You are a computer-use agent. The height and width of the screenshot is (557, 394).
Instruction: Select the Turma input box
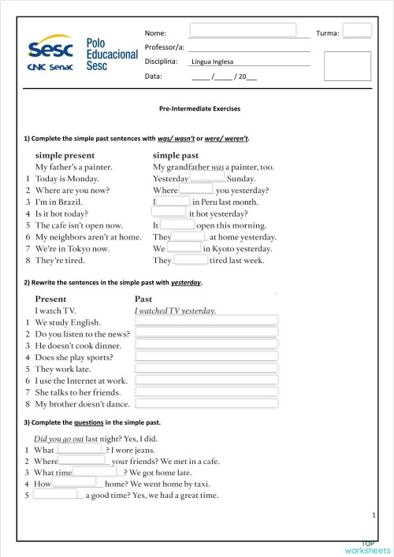(357, 32)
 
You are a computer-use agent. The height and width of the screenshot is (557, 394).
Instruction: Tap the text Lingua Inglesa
(213, 62)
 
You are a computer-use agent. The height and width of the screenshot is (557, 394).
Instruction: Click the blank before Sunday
(207, 178)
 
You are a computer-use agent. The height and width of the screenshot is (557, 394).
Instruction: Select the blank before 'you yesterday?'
(196, 190)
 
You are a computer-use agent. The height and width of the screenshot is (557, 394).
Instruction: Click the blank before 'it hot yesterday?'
(169, 213)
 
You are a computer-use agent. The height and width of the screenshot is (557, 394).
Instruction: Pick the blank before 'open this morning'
(177, 225)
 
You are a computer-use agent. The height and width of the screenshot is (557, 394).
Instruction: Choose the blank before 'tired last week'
(191, 260)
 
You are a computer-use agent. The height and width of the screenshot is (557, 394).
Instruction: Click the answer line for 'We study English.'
(207, 321)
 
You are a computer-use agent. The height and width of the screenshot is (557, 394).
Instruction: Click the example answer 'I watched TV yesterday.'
(175, 310)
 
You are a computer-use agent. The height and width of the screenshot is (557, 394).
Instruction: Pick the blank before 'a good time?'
(55, 495)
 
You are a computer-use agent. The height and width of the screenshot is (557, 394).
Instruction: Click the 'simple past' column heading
(176, 155)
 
